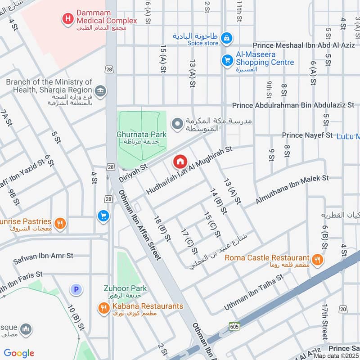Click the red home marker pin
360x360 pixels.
(180, 161)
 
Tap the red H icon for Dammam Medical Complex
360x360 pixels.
(67, 19)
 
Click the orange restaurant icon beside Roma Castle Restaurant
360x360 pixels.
(318, 259)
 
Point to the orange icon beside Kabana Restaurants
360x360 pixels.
(104, 308)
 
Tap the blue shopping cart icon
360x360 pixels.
(103, 216)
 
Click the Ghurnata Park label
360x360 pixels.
(141, 135)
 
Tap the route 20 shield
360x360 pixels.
(343, 309)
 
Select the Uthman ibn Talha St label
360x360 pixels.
(254, 293)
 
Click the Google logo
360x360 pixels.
(19, 353)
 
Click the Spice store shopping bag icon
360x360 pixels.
(228, 37)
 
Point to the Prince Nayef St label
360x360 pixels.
(307, 135)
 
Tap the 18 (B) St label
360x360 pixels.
(162, 229)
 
